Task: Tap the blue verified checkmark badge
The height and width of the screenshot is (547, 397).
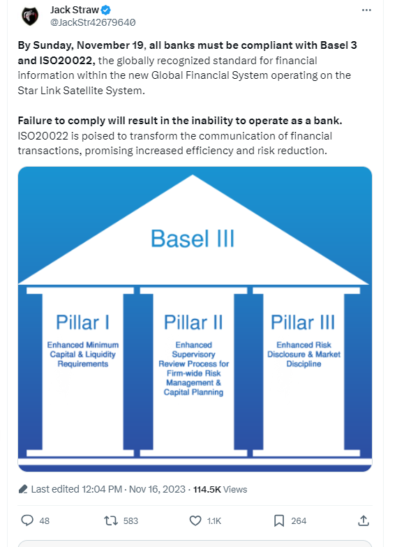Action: [106, 10]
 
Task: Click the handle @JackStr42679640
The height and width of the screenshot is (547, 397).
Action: [93, 22]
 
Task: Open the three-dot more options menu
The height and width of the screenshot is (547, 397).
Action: [366, 10]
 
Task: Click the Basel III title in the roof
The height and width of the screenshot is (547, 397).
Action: [193, 239]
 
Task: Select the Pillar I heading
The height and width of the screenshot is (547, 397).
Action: [82, 322]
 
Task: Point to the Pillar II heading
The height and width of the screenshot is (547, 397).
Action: [193, 322]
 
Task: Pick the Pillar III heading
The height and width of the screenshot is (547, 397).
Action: [303, 322]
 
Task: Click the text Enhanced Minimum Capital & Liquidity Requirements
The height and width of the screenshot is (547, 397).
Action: [83, 354]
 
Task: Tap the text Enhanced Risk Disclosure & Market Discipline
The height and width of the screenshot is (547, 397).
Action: [304, 354]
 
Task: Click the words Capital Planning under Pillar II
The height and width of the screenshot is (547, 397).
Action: [194, 392]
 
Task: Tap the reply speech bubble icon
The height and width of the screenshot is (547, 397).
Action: [27, 520]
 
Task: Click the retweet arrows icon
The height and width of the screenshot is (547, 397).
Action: [111, 520]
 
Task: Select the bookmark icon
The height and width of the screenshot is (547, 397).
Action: [279, 520]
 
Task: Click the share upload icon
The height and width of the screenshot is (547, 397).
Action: [364, 520]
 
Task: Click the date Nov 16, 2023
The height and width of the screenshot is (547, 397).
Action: [157, 490]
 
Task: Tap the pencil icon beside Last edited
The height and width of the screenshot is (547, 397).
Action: [23, 489]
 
